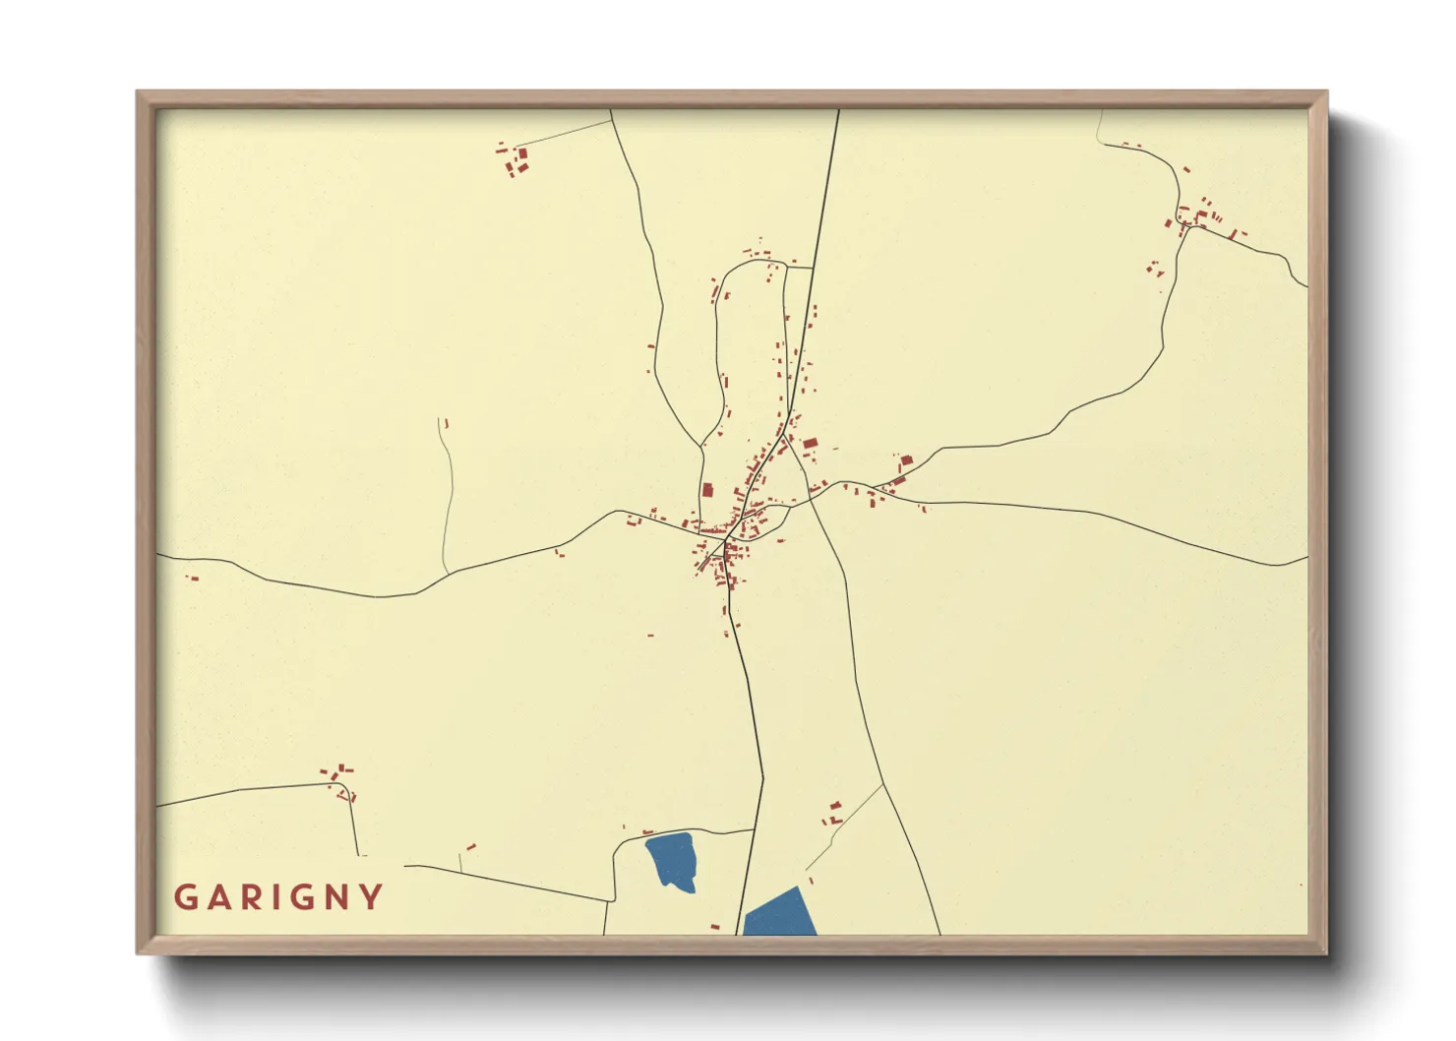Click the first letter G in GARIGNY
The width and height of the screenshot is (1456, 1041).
[x=185, y=897]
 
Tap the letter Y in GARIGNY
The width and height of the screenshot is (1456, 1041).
[x=371, y=897]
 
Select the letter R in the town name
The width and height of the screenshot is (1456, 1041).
[x=253, y=897]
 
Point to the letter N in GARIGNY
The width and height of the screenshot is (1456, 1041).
[x=337, y=897]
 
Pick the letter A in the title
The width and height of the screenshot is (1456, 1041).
[x=218, y=897]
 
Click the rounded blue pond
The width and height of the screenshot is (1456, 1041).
[x=673, y=860]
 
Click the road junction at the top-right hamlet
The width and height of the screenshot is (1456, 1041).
[x=1185, y=227]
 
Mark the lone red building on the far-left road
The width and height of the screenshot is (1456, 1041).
[x=193, y=578]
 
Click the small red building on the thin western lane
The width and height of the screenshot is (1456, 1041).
[x=446, y=423]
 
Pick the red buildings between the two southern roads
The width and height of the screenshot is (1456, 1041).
[x=834, y=813]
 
